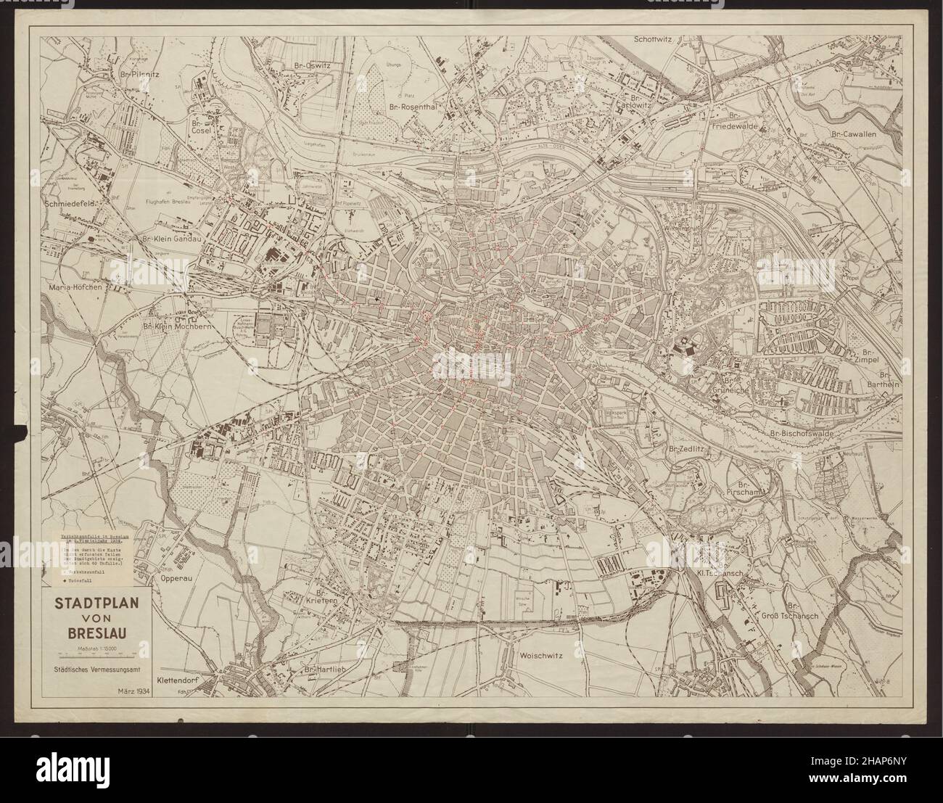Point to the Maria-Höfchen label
coord(74,287)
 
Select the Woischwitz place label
coord(542,654)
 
